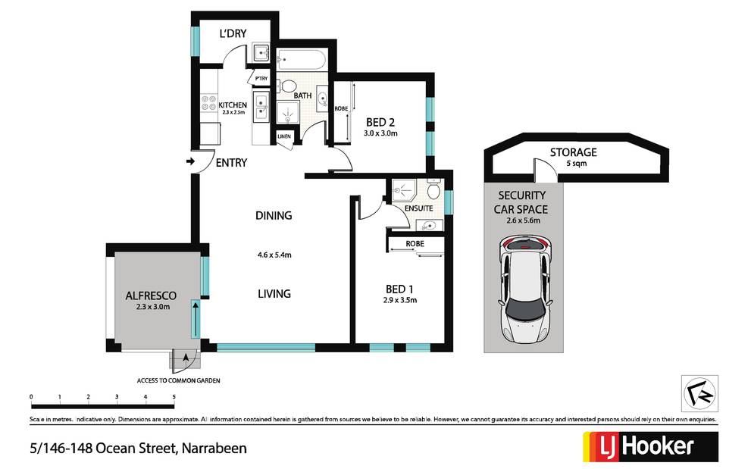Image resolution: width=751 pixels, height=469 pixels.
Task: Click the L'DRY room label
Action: coord(233,33)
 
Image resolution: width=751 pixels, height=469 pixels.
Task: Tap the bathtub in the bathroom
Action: coord(302,61)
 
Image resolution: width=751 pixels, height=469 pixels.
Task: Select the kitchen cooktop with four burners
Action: coord(209,103)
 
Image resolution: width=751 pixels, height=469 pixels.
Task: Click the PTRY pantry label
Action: coord(261,79)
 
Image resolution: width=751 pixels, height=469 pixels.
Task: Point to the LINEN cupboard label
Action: coord(284,136)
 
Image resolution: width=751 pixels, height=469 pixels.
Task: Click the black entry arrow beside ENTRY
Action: coord(191,161)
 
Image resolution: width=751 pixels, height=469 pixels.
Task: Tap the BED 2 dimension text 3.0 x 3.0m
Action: coord(380,133)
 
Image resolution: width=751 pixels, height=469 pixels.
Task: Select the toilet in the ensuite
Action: coord(433,190)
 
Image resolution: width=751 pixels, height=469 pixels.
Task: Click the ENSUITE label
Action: coord(418,208)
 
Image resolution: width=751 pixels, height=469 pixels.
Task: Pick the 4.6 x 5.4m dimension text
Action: coord(274,255)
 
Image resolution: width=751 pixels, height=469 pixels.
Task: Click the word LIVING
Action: coord(274,294)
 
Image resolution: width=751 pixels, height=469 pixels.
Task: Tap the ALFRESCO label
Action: coord(151,295)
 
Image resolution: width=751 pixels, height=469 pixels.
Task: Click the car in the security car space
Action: coord(525,288)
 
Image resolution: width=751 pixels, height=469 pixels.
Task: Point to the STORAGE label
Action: coord(574,152)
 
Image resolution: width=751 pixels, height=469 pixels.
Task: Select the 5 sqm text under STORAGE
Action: coord(576,164)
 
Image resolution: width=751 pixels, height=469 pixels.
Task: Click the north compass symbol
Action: coord(699,393)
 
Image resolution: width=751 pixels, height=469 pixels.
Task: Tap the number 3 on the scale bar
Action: coord(117,397)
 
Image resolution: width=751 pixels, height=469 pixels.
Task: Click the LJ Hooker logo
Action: coord(650,446)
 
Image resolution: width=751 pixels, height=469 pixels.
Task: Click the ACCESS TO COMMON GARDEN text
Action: coord(179,381)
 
